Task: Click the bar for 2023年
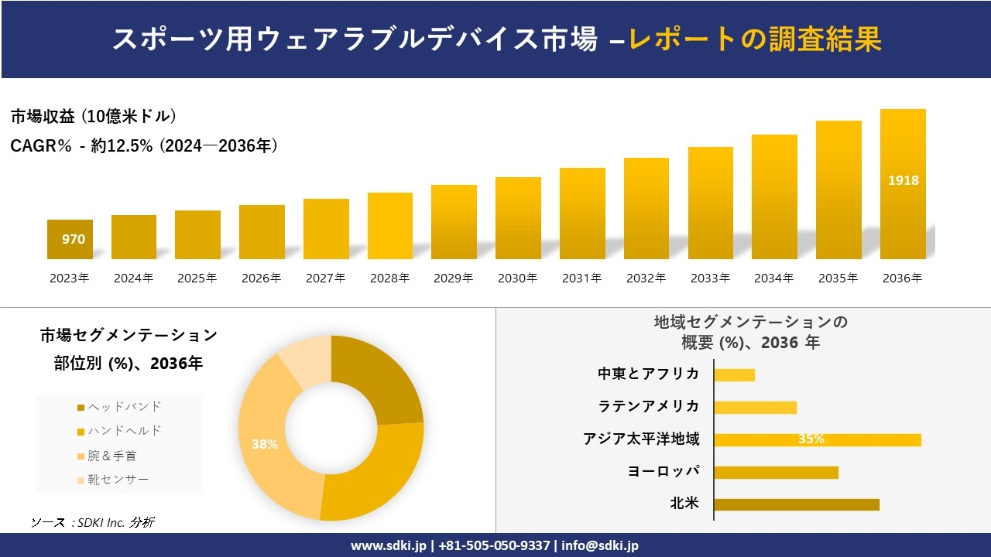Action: point(70,239)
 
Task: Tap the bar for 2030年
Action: point(518,218)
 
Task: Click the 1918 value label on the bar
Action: point(903,180)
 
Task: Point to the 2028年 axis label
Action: point(389,278)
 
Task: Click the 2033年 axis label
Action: point(710,278)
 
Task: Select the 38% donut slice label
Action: point(264,444)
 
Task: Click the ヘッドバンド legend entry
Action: point(119,407)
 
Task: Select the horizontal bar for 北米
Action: point(796,504)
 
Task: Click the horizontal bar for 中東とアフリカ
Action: point(734,375)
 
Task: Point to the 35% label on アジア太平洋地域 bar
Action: point(811,439)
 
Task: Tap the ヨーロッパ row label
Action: point(664,471)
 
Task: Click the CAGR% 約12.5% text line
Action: point(144,145)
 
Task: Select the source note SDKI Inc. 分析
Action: point(92,523)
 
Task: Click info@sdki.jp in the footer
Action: point(600,545)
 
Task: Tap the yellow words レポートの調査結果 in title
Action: point(755,40)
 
